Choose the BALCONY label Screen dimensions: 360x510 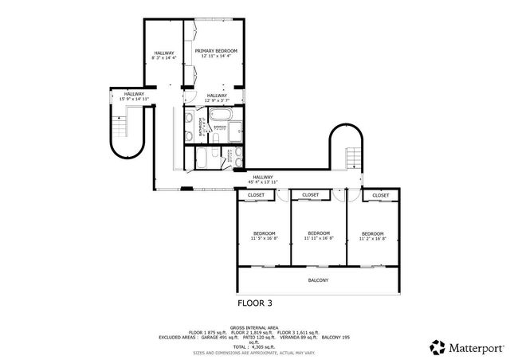coord(318,280)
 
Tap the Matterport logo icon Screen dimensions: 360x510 coord(437,346)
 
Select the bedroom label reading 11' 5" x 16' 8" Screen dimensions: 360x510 coord(263,236)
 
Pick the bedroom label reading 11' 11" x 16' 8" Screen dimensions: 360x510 coord(319,236)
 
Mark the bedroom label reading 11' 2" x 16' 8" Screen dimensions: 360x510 coord(372,236)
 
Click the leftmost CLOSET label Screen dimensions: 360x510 coord(256,195)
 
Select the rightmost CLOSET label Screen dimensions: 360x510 coord(380,195)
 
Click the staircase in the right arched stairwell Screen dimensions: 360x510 coord(352,156)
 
